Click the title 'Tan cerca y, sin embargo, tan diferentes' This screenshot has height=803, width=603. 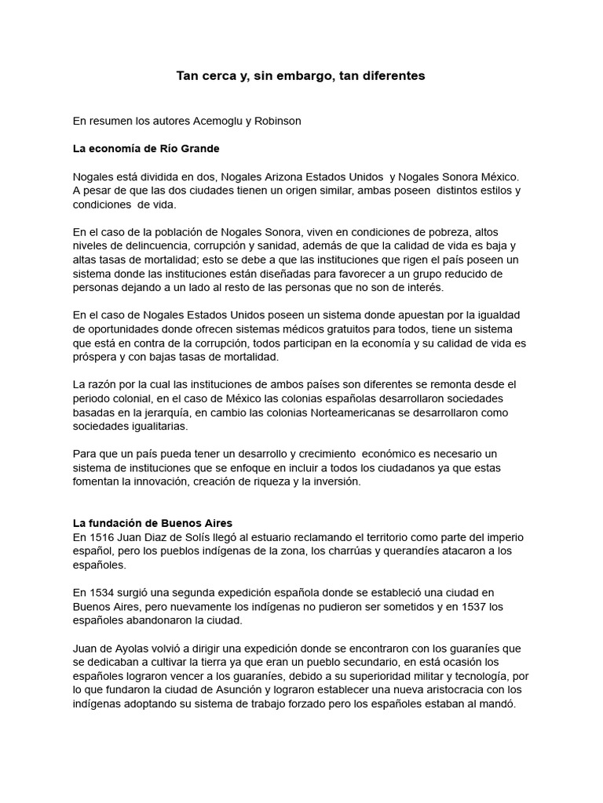click(x=301, y=76)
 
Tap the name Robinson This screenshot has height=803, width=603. click(x=276, y=122)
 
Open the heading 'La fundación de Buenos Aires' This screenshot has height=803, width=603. click(x=152, y=523)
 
